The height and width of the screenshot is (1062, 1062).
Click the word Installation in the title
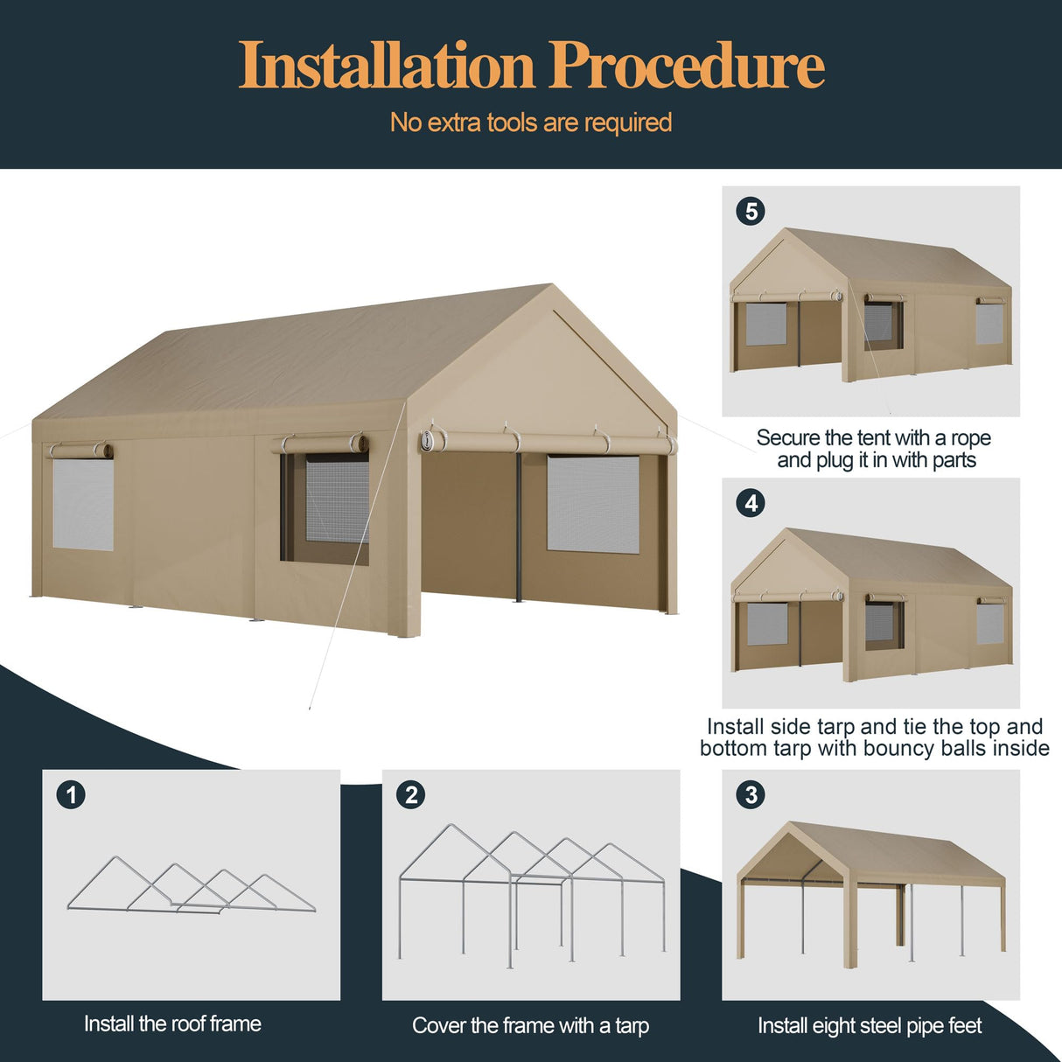tap(386, 66)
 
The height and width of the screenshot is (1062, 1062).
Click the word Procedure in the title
tap(687, 66)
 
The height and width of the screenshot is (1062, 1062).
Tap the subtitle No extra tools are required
tap(531, 122)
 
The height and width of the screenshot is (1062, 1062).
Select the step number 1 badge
tap(71, 794)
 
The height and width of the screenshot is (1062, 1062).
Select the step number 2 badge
tap(410, 794)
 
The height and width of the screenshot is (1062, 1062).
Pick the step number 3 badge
tap(751, 794)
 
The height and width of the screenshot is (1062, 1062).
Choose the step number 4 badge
tap(751, 503)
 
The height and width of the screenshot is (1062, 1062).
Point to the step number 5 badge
tap(751, 211)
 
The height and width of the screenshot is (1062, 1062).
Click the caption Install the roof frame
tap(172, 1024)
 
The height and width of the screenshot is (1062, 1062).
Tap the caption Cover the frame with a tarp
tap(530, 1025)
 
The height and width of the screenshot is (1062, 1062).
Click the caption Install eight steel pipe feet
tap(870, 1025)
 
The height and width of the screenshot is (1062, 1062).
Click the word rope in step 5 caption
tap(971, 437)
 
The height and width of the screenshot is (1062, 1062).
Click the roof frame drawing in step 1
tap(191, 885)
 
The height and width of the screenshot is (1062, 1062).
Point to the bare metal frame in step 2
tap(531, 892)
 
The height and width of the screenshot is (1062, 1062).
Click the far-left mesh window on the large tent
tap(83, 505)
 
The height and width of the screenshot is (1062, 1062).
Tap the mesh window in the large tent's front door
tap(593, 504)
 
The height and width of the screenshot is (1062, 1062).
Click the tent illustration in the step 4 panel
tap(871, 604)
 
